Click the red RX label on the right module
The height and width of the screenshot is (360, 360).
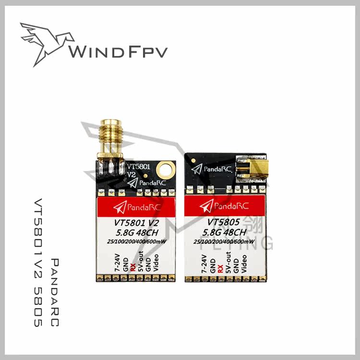coord(220,267)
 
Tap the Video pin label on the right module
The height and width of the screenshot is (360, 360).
coord(244,264)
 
